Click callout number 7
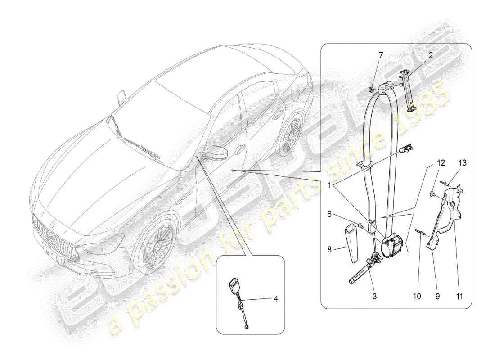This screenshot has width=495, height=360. pyautogui.click(x=381, y=55)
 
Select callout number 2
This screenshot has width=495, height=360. pyautogui.click(x=431, y=55)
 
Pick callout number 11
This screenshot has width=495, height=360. pyautogui.click(x=459, y=297)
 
